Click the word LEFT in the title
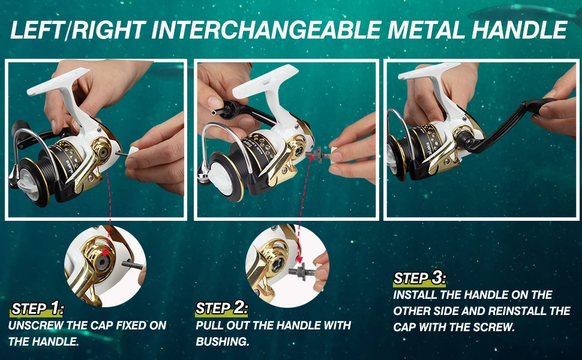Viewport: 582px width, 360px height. coord(37,29)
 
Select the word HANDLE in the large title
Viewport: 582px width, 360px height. coord(520,29)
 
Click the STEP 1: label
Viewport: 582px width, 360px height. coord(37,308)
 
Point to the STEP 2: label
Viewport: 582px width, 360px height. coord(221,308)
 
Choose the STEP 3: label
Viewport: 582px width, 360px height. coord(419,278)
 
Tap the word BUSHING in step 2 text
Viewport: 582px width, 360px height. coord(222,341)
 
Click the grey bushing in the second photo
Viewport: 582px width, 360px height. coord(317,152)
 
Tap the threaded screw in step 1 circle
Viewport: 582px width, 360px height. coord(133,265)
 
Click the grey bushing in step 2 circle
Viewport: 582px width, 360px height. coord(301,270)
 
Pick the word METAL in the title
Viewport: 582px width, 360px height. coord(426,29)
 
